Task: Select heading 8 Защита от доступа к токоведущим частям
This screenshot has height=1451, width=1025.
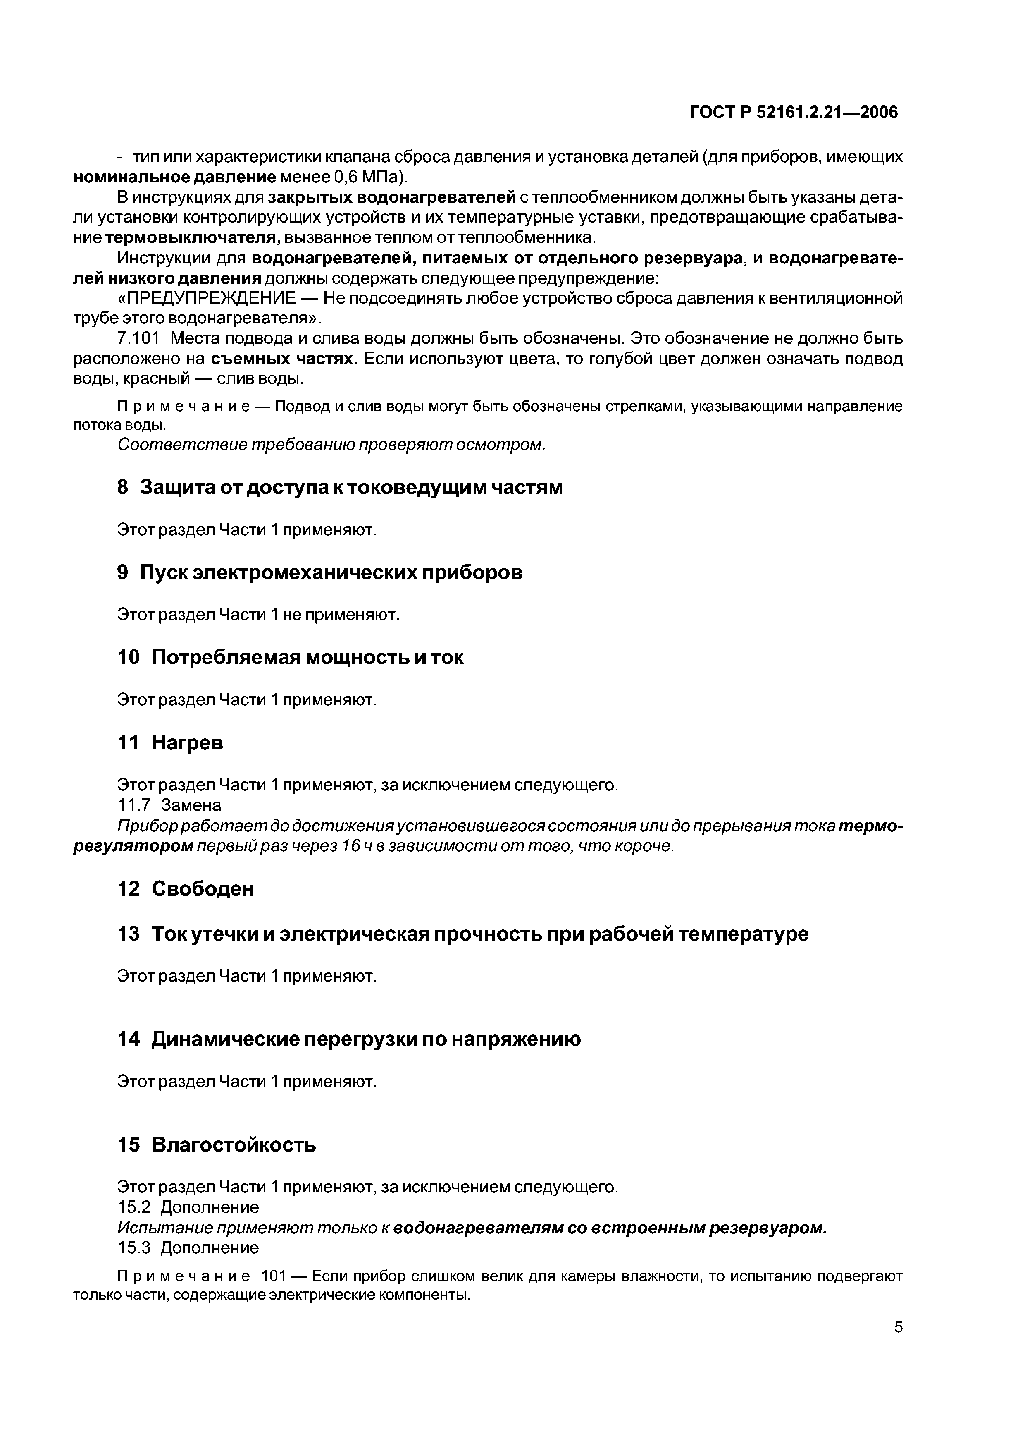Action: pos(340,487)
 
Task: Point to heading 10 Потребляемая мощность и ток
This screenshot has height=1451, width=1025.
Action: pos(291,657)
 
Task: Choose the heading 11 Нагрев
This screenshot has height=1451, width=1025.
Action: pos(171,742)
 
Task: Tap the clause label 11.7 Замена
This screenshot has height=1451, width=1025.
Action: pos(169,805)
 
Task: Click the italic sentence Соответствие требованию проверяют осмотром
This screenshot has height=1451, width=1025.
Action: pos(331,445)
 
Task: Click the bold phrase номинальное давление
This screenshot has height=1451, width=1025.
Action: pos(175,177)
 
